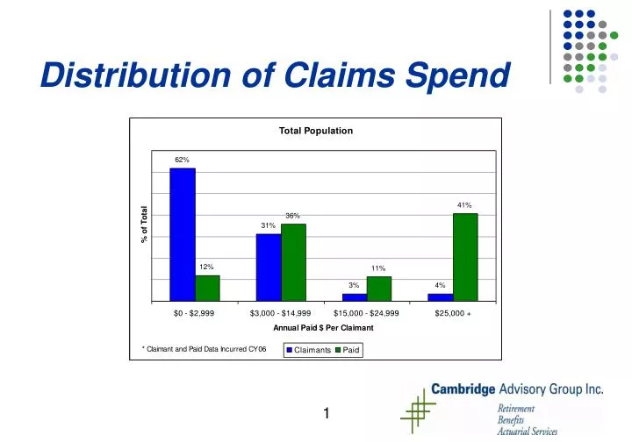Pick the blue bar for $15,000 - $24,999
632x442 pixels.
coord(355,296)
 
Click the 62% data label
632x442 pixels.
coord(182,160)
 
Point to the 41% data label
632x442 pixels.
coord(464,205)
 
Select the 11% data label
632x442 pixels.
coord(378,268)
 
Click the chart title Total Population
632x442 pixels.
coord(316,131)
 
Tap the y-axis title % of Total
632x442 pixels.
coord(145,225)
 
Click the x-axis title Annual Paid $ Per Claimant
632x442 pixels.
coord(323,327)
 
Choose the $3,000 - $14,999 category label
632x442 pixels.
coord(281,312)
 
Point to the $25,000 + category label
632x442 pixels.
coord(453,312)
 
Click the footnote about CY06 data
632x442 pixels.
coord(204,349)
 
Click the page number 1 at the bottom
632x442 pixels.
coord(326,414)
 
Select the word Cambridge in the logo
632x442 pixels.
coord(464,389)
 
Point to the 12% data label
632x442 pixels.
coord(206,267)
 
